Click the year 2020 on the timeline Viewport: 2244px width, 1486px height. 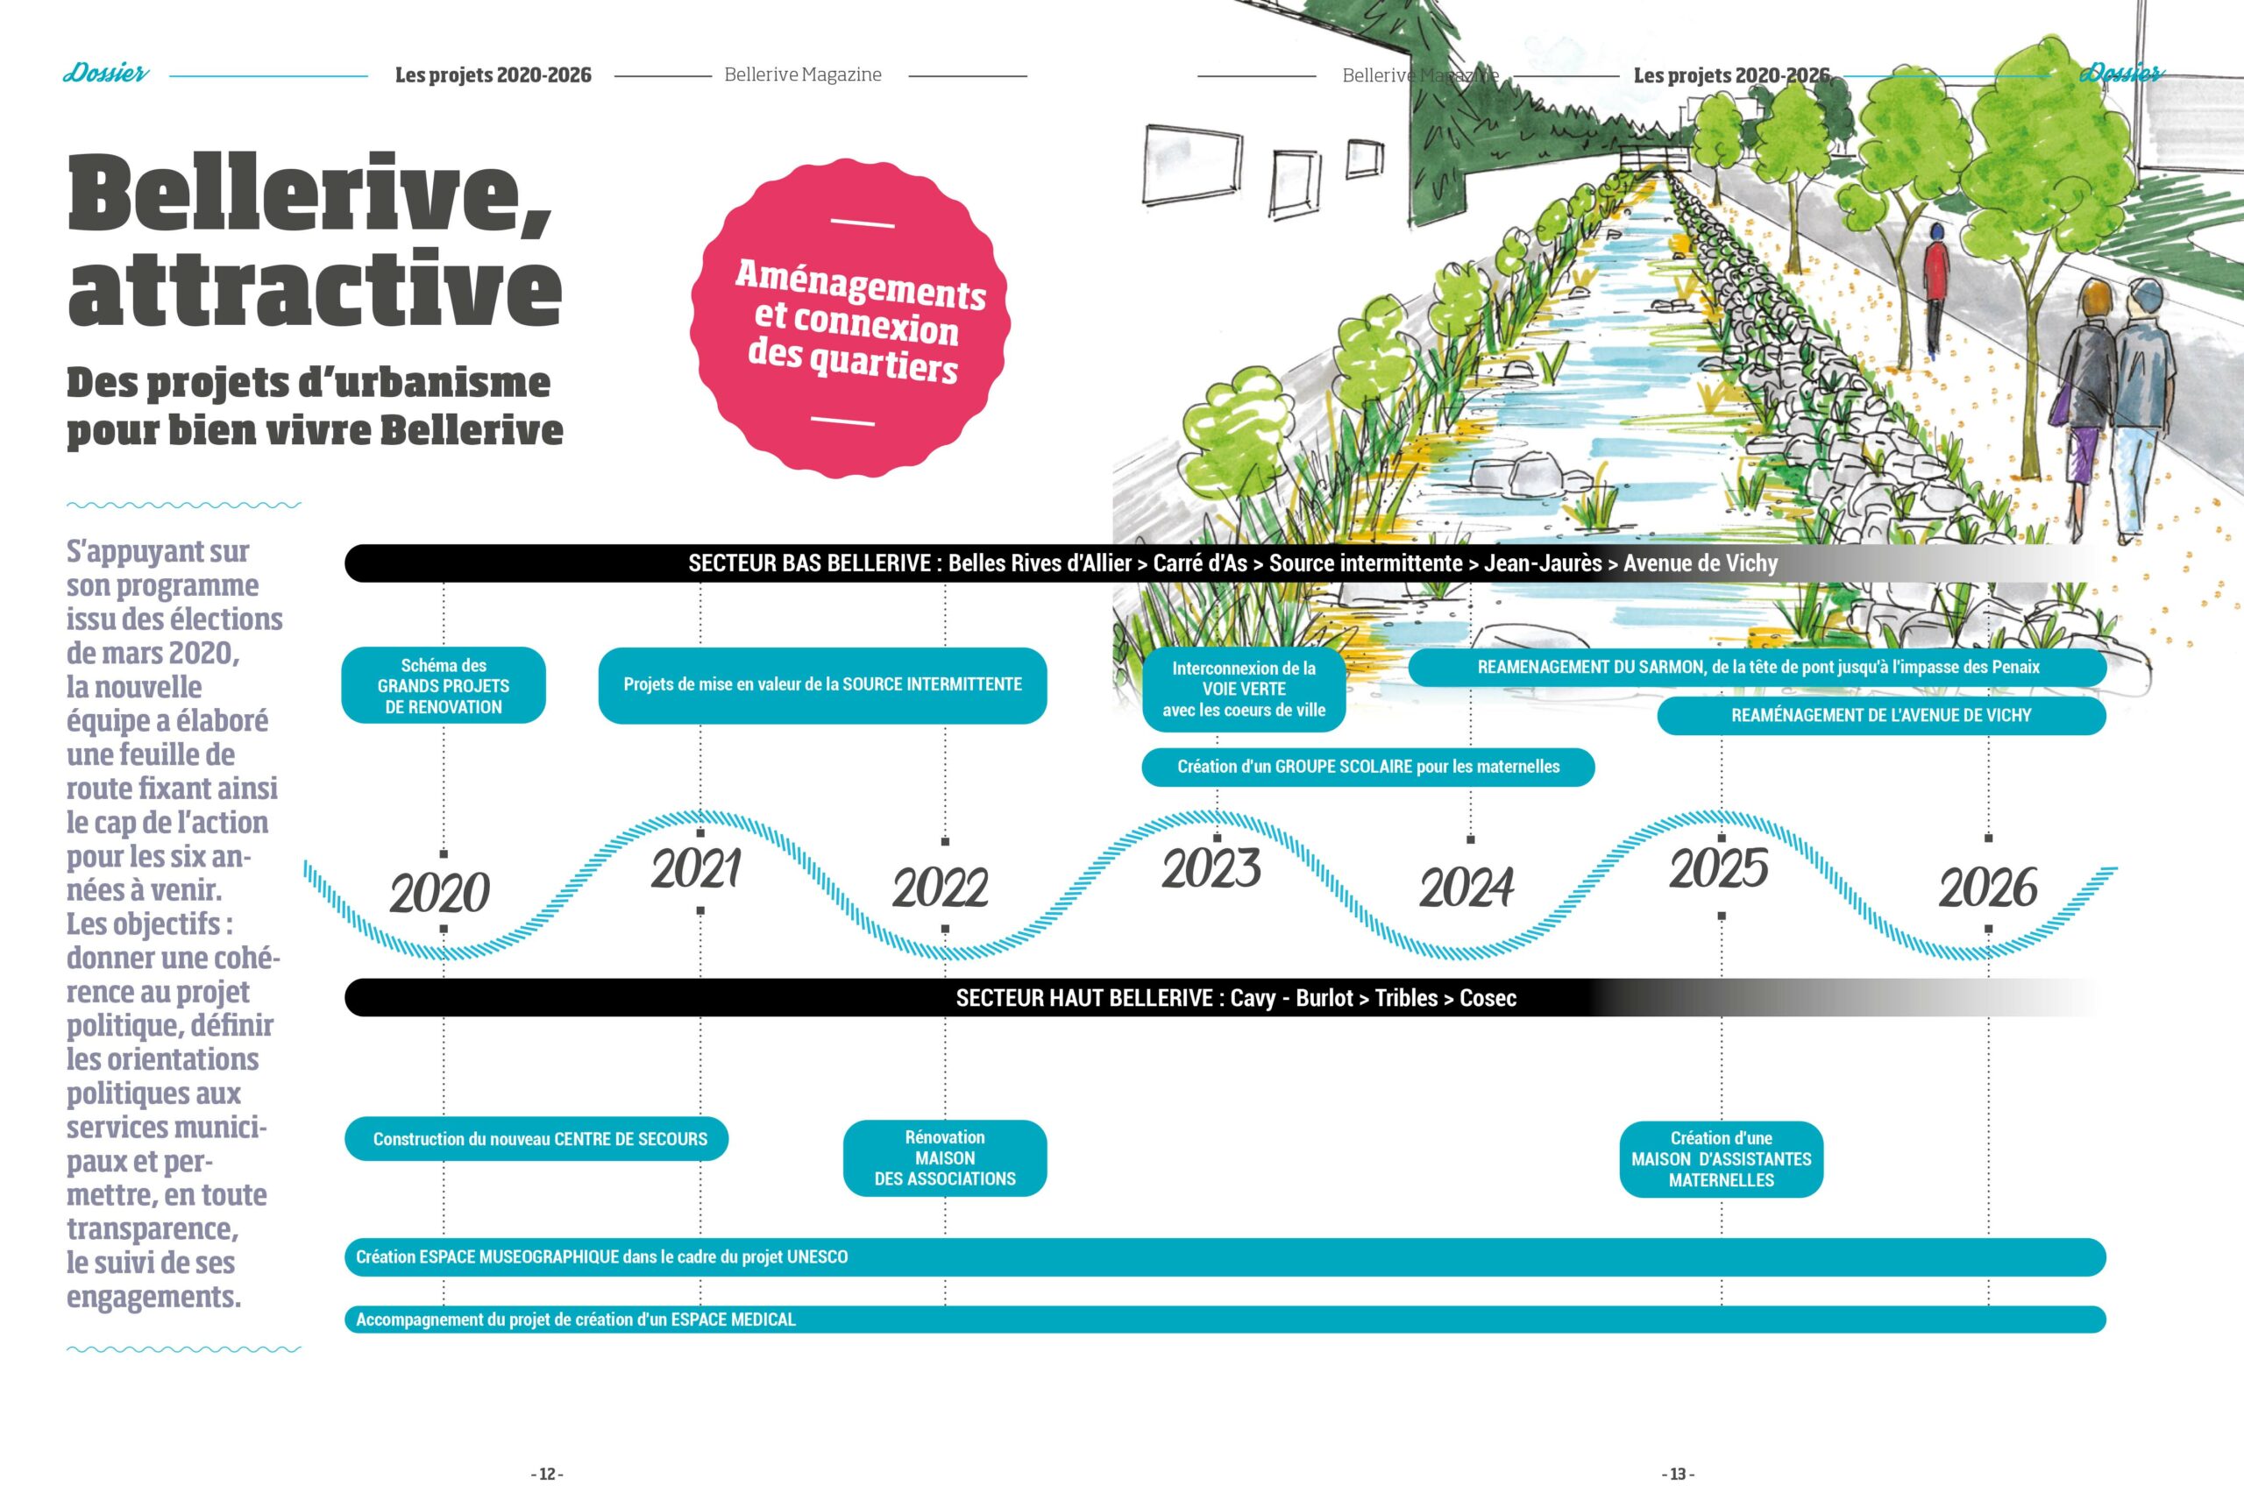(x=440, y=893)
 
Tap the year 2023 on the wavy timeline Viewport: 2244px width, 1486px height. (x=1211, y=869)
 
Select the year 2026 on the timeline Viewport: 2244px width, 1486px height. (x=1988, y=888)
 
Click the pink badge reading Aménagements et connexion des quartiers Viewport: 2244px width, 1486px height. (x=850, y=320)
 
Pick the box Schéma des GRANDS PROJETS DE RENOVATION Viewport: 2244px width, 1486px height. (x=444, y=685)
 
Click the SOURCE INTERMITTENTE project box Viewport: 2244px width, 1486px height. (x=823, y=685)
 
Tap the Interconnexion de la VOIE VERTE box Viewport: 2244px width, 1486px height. (x=1244, y=690)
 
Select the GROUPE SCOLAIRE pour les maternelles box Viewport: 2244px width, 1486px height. (x=1368, y=767)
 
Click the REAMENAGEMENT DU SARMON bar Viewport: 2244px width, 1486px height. (x=1758, y=667)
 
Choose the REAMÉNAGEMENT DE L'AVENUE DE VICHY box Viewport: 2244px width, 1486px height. (x=1882, y=716)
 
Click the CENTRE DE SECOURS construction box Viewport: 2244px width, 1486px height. (x=536, y=1139)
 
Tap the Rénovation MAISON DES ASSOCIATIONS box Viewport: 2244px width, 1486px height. (x=945, y=1158)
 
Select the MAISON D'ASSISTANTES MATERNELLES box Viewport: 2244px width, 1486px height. (x=1722, y=1159)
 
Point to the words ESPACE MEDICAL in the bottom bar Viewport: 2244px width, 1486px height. (x=733, y=1320)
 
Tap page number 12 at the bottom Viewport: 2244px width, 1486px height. (x=547, y=1474)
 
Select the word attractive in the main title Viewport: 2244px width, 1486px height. (x=315, y=287)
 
